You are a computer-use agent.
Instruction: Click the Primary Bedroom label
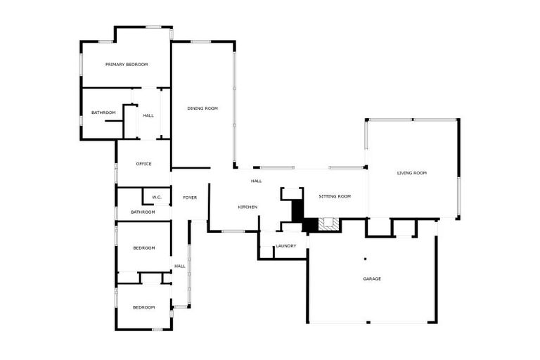click(127, 65)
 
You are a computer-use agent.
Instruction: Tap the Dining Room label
click(202, 108)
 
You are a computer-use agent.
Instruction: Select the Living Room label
click(412, 173)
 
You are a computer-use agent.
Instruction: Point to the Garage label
click(372, 278)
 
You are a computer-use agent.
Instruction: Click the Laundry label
click(286, 246)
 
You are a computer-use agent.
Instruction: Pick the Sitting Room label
click(335, 196)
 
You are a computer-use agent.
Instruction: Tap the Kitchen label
click(247, 207)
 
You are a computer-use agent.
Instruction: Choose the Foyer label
click(190, 198)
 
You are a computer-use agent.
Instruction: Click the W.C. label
click(157, 198)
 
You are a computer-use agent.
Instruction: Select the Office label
click(143, 164)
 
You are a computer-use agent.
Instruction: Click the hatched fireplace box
click(326, 223)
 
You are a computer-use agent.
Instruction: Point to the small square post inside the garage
click(366, 259)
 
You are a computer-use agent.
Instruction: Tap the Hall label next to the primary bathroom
click(148, 115)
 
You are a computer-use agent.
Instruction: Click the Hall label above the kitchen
click(256, 181)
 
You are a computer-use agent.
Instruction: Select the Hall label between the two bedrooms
click(180, 266)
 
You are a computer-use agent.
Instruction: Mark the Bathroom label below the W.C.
click(143, 212)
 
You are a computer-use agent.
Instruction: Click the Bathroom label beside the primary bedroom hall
click(103, 112)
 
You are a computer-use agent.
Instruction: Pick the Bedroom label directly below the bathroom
click(144, 247)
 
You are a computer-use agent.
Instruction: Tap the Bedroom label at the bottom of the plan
click(144, 307)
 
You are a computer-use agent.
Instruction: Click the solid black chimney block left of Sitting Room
click(297, 210)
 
